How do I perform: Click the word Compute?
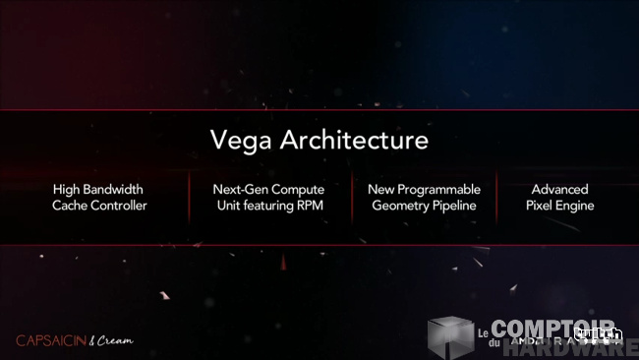(x=299, y=188)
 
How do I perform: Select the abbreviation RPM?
(x=307, y=206)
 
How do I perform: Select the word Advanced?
(x=559, y=188)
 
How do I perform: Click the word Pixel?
(x=541, y=206)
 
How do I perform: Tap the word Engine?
(x=576, y=206)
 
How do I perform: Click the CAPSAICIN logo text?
(x=49, y=340)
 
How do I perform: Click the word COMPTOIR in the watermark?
(x=552, y=329)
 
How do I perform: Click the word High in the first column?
(x=67, y=188)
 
